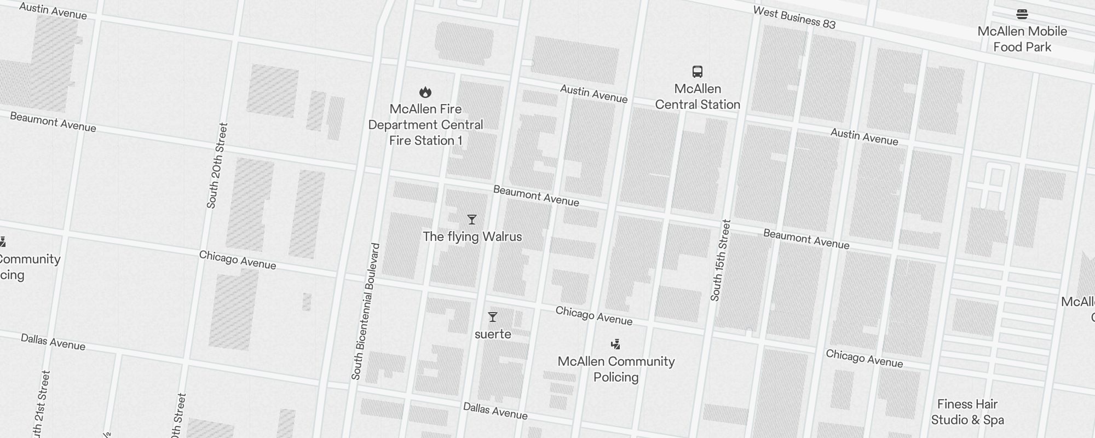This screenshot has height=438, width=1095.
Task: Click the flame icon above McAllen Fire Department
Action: [x=425, y=92]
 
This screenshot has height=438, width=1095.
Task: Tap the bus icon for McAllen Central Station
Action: [x=698, y=72]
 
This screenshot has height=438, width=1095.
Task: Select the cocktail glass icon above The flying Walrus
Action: [x=472, y=220]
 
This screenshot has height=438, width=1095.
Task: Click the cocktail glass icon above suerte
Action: [x=493, y=318]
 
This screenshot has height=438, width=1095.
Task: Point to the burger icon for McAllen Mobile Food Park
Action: [x=1022, y=14]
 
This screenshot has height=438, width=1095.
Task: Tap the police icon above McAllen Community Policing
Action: [x=616, y=344]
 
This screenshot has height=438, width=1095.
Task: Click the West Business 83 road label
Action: [x=794, y=18]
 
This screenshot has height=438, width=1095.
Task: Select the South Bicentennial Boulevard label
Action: [x=365, y=312]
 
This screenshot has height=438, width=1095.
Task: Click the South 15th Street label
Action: [x=721, y=261]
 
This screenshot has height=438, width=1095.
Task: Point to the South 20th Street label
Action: [x=216, y=166]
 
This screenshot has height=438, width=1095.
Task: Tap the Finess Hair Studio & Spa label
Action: [x=967, y=412]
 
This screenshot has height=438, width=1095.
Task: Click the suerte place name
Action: [x=493, y=334]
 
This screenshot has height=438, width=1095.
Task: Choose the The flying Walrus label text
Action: [x=472, y=237]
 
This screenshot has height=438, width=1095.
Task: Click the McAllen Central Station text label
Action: [x=698, y=96]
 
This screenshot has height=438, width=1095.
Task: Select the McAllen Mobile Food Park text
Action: [x=1022, y=39]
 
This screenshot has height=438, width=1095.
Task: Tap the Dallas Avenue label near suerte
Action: [x=495, y=411]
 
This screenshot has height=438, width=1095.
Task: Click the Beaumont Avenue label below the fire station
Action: [x=536, y=196]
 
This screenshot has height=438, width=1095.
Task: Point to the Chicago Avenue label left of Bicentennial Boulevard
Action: [x=237, y=260]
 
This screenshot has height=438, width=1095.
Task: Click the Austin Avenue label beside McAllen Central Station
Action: [x=593, y=94]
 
